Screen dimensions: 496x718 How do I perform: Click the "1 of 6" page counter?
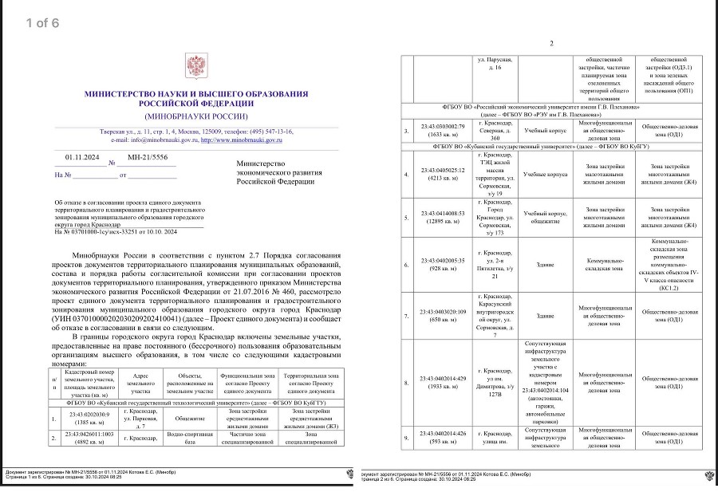coord(42,22)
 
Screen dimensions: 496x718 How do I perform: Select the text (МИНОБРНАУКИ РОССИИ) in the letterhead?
coord(195,116)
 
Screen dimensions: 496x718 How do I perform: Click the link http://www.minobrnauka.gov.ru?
coord(241,140)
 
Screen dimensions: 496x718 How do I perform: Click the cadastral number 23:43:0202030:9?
coord(88,414)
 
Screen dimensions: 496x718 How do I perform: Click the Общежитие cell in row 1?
coord(190,419)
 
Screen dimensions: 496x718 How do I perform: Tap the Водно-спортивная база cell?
coord(190,438)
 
